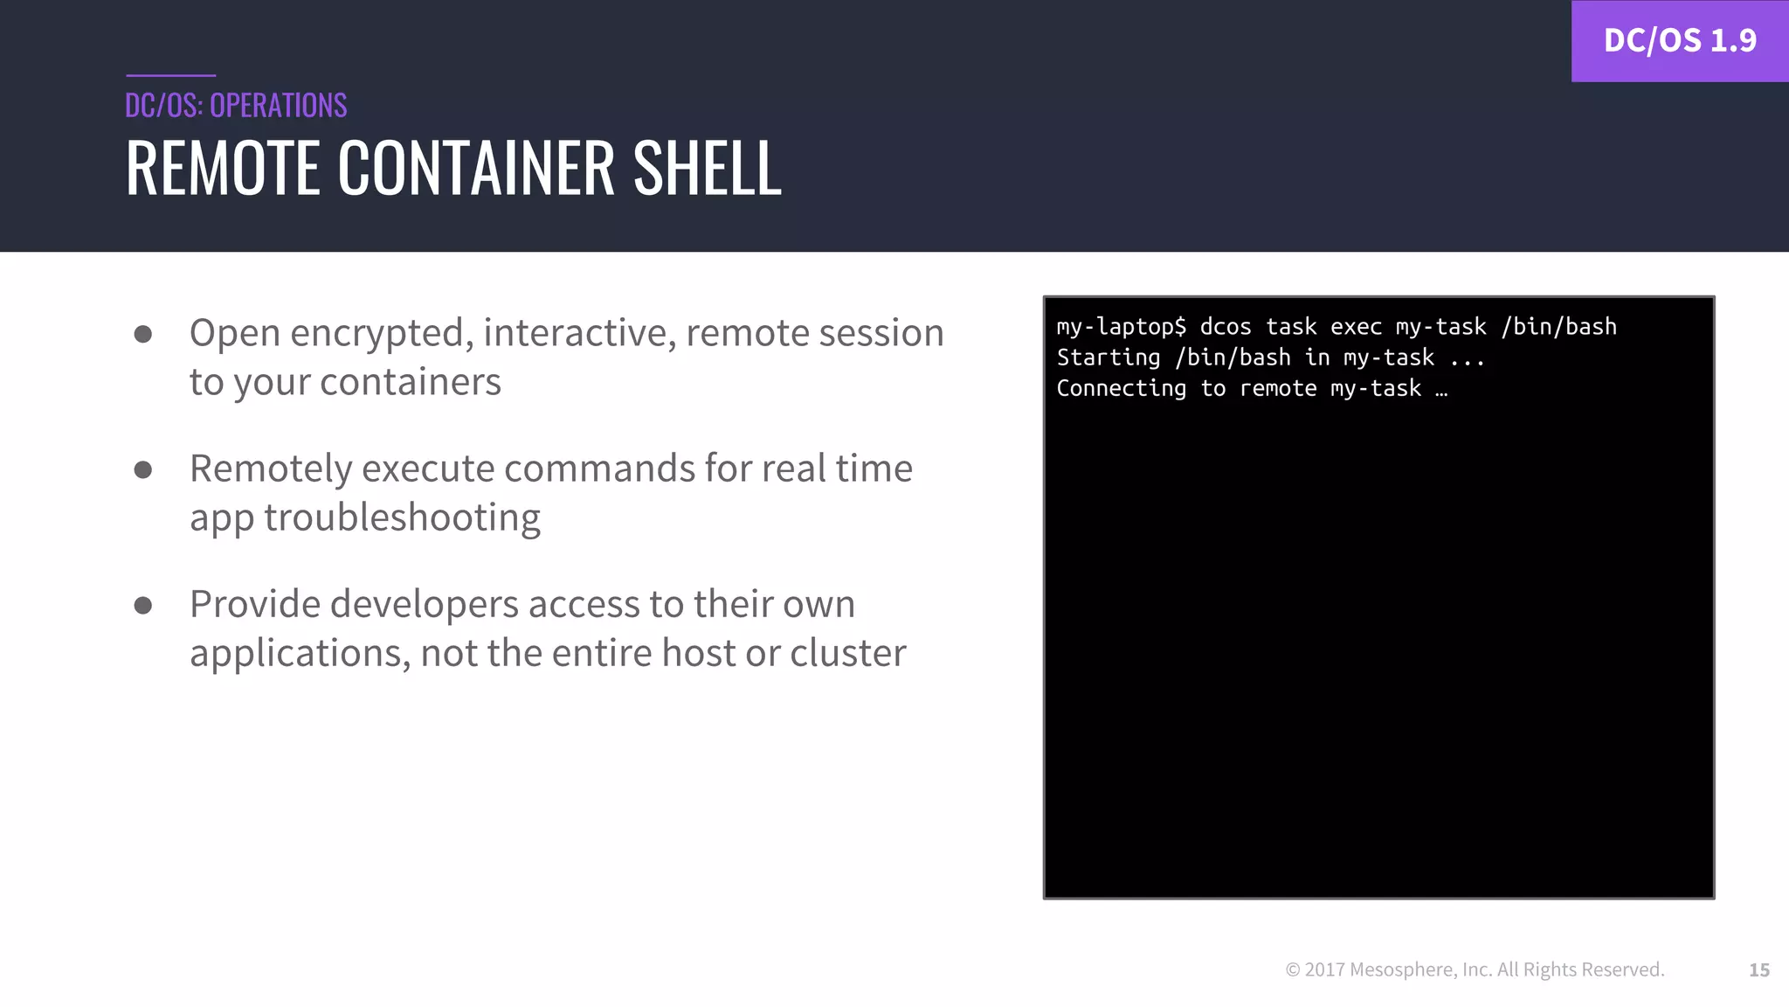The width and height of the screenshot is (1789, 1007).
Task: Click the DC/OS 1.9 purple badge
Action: [1679, 41]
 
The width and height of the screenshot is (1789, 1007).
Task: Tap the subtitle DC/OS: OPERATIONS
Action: [236, 106]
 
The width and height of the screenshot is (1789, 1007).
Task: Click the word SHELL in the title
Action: [707, 168]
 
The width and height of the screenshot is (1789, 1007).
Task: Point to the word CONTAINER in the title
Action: [476, 168]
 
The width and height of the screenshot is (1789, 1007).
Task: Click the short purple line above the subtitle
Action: [170, 75]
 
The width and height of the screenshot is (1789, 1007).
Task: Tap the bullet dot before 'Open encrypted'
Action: [143, 334]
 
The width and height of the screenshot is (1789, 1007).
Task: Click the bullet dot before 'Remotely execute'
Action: [143, 470]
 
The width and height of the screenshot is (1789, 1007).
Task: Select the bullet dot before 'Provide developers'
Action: [143, 605]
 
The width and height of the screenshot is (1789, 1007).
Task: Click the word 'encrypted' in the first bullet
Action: [382, 334]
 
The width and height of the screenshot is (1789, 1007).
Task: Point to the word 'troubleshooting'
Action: [402, 517]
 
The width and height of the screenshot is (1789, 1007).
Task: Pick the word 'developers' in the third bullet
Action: [424, 605]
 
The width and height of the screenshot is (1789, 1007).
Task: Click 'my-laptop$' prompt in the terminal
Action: [1121, 327]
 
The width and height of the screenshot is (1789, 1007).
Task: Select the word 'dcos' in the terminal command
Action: [1225, 327]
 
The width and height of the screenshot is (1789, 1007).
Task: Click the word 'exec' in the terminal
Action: [1356, 327]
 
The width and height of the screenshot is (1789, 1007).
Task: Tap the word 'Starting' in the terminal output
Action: [1108, 358]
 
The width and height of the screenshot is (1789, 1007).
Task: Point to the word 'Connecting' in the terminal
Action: [1121, 388]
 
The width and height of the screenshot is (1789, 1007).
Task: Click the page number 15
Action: [1758, 969]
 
